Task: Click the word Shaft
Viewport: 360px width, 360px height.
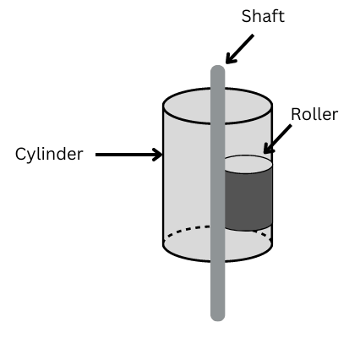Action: pos(263,16)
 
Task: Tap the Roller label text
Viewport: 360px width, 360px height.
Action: pos(314,114)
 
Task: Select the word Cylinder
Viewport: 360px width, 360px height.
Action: pos(49,154)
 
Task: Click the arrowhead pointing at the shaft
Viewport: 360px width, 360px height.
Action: pos(230,59)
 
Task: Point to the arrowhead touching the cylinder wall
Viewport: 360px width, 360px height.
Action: pos(158,155)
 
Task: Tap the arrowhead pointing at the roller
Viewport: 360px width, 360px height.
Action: pos(267,150)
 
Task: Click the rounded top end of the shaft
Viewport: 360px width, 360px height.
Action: pos(218,69)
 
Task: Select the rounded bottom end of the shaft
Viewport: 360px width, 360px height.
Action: pos(218,317)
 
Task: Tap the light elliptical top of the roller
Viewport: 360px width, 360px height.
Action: pos(248,164)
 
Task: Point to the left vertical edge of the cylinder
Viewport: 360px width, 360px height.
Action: pos(163,175)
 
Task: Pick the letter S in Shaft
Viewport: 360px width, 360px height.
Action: pos(246,16)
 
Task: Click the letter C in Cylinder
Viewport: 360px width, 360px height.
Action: pos(20,154)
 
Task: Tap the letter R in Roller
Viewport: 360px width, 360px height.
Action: pos(296,114)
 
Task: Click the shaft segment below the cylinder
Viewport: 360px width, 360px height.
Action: pos(218,290)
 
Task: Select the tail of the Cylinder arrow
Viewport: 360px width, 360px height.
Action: pos(96,155)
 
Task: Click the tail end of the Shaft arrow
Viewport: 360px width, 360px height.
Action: pos(253,35)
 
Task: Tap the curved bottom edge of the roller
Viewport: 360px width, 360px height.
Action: pos(248,229)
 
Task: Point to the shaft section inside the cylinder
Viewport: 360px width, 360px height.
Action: pos(218,183)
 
